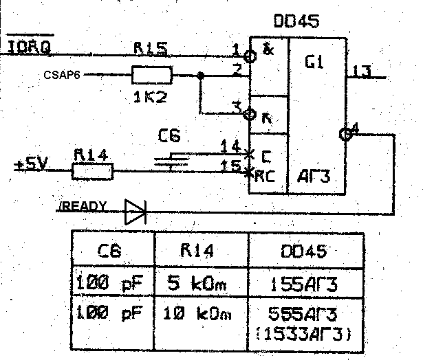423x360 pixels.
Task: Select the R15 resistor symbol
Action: pyautogui.click(x=151, y=74)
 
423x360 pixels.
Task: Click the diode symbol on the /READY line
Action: pyautogui.click(x=135, y=212)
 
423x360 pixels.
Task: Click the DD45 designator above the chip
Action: pyautogui.click(x=296, y=22)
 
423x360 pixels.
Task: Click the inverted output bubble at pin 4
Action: pyautogui.click(x=345, y=135)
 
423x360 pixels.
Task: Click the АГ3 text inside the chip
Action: pyautogui.click(x=313, y=175)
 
